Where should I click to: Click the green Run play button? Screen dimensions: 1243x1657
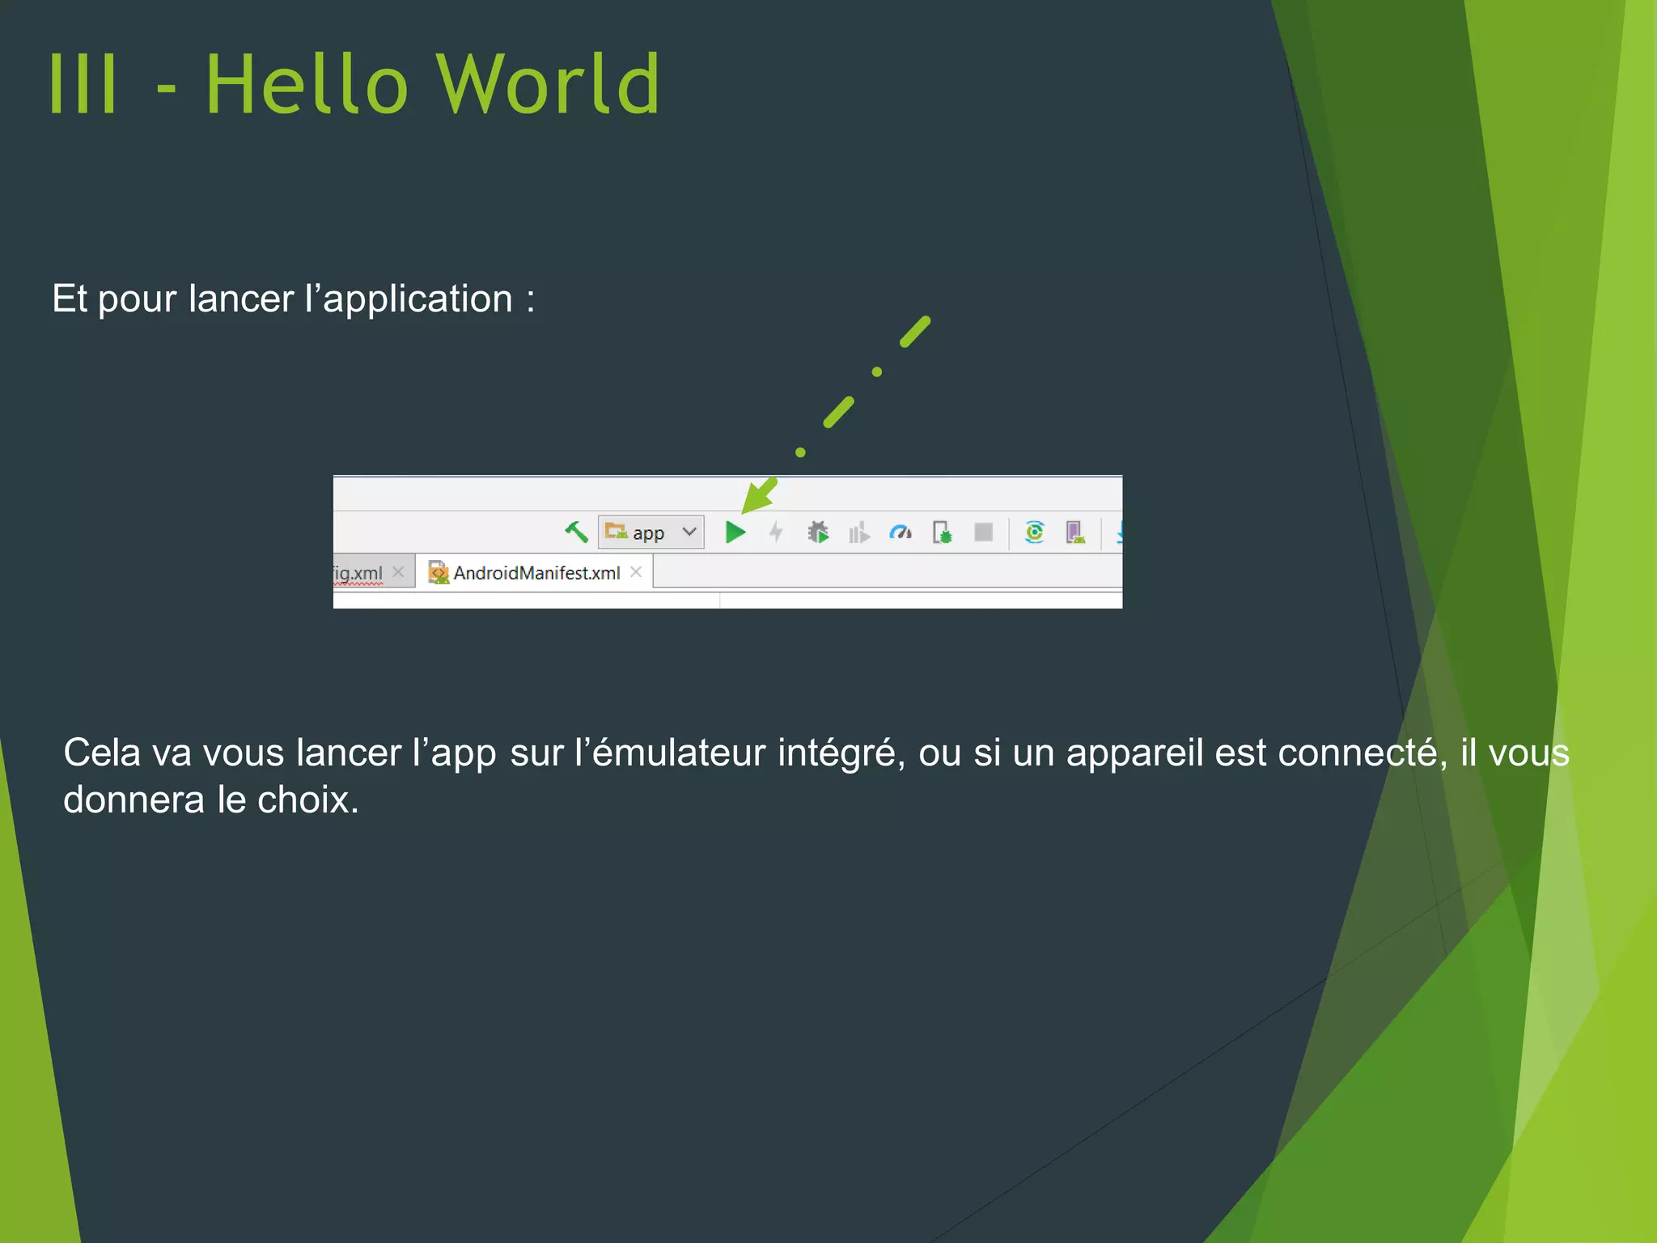(x=735, y=532)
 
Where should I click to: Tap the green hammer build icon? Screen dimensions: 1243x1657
(x=576, y=532)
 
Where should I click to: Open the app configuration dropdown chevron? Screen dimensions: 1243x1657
(x=689, y=532)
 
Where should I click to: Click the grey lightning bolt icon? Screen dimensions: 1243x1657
(x=776, y=532)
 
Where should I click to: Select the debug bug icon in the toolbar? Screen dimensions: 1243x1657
(x=818, y=532)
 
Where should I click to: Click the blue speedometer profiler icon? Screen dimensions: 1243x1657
(x=901, y=532)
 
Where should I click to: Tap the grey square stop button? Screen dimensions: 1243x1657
(x=983, y=532)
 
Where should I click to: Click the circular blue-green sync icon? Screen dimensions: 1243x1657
(x=1034, y=532)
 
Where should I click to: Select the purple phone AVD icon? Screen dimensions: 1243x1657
(x=1074, y=532)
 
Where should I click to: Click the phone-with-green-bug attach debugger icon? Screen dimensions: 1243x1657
(x=942, y=532)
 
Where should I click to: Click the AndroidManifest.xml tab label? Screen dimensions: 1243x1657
(x=536, y=573)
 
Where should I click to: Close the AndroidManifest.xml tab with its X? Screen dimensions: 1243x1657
(x=636, y=572)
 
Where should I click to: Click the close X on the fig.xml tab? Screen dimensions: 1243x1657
(x=398, y=572)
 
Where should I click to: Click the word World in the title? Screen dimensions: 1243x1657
(x=549, y=84)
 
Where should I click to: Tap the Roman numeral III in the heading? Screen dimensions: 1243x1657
(x=83, y=84)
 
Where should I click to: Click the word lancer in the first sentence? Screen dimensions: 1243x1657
(x=241, y=299)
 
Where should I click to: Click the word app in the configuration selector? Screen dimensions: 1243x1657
(x=648, y=533)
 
